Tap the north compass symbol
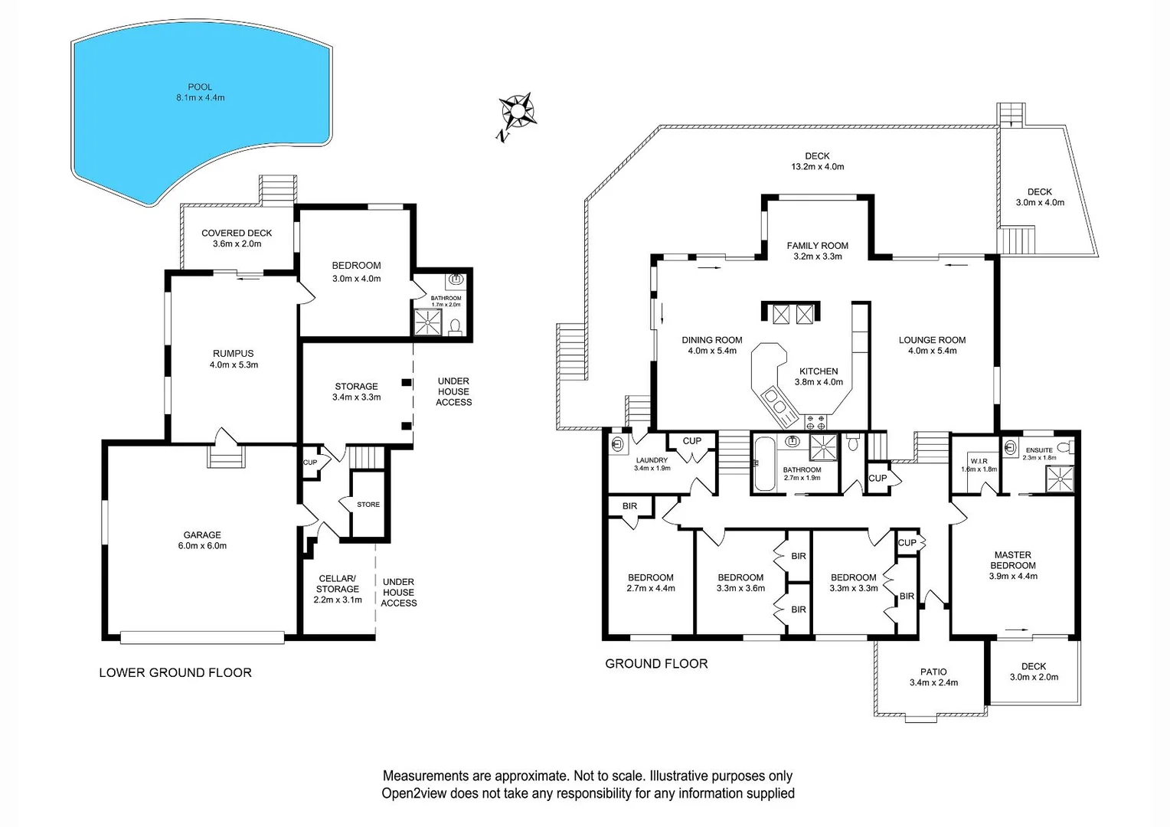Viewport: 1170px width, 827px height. pos(516,113)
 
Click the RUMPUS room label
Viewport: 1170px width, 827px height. pos(234,359)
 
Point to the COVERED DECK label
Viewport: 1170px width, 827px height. pos(237,238)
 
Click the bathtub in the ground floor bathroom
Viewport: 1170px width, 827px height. pos(763,464)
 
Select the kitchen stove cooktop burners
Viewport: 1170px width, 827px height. pos(816,422)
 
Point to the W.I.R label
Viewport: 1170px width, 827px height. pos(978,462)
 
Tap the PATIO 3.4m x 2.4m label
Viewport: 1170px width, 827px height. pos(933,677)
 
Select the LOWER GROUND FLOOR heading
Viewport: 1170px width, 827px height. pos(175,672)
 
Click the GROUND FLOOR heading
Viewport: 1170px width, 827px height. pos(656,664)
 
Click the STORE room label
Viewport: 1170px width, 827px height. pos(368,505)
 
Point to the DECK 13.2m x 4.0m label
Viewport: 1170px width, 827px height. pos(817,161)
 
